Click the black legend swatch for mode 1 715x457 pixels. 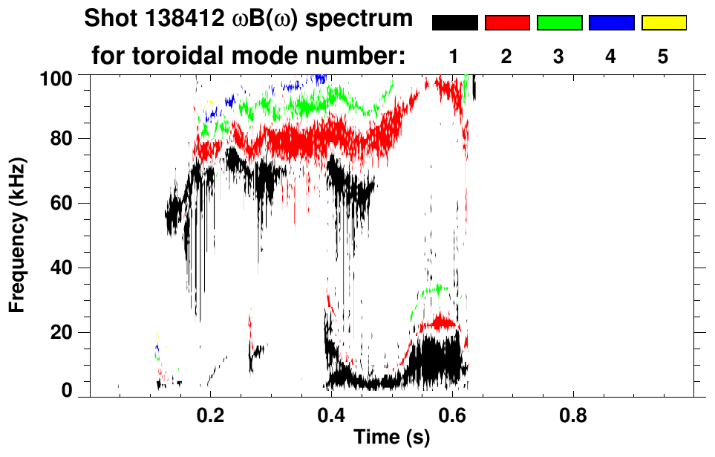point(454,22)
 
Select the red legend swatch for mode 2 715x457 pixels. point(507,22)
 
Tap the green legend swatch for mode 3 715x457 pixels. point(559,22)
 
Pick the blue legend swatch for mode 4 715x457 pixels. point(611,22)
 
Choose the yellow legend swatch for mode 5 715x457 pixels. point(663,22)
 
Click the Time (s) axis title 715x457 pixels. point(391,438)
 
